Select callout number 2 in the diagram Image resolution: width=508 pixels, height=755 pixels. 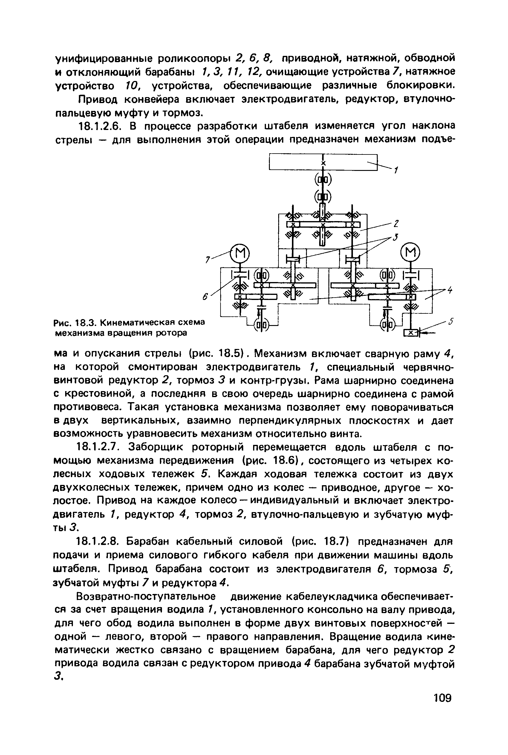pos(396,223)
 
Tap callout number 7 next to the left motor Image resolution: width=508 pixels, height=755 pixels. pos(208,259)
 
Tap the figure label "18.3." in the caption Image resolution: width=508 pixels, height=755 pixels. pos(86,323)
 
